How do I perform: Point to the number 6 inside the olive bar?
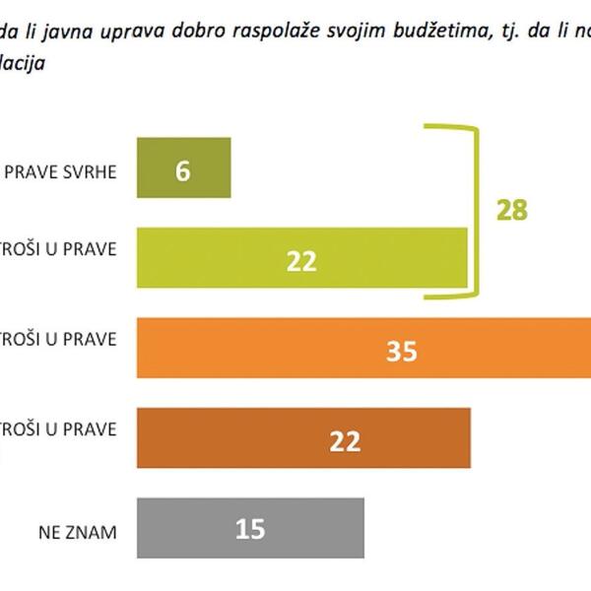pos(182,169)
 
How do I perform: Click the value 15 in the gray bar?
pos(251,530)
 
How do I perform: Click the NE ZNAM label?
pos(77,532)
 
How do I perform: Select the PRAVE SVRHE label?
pos(61,171)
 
